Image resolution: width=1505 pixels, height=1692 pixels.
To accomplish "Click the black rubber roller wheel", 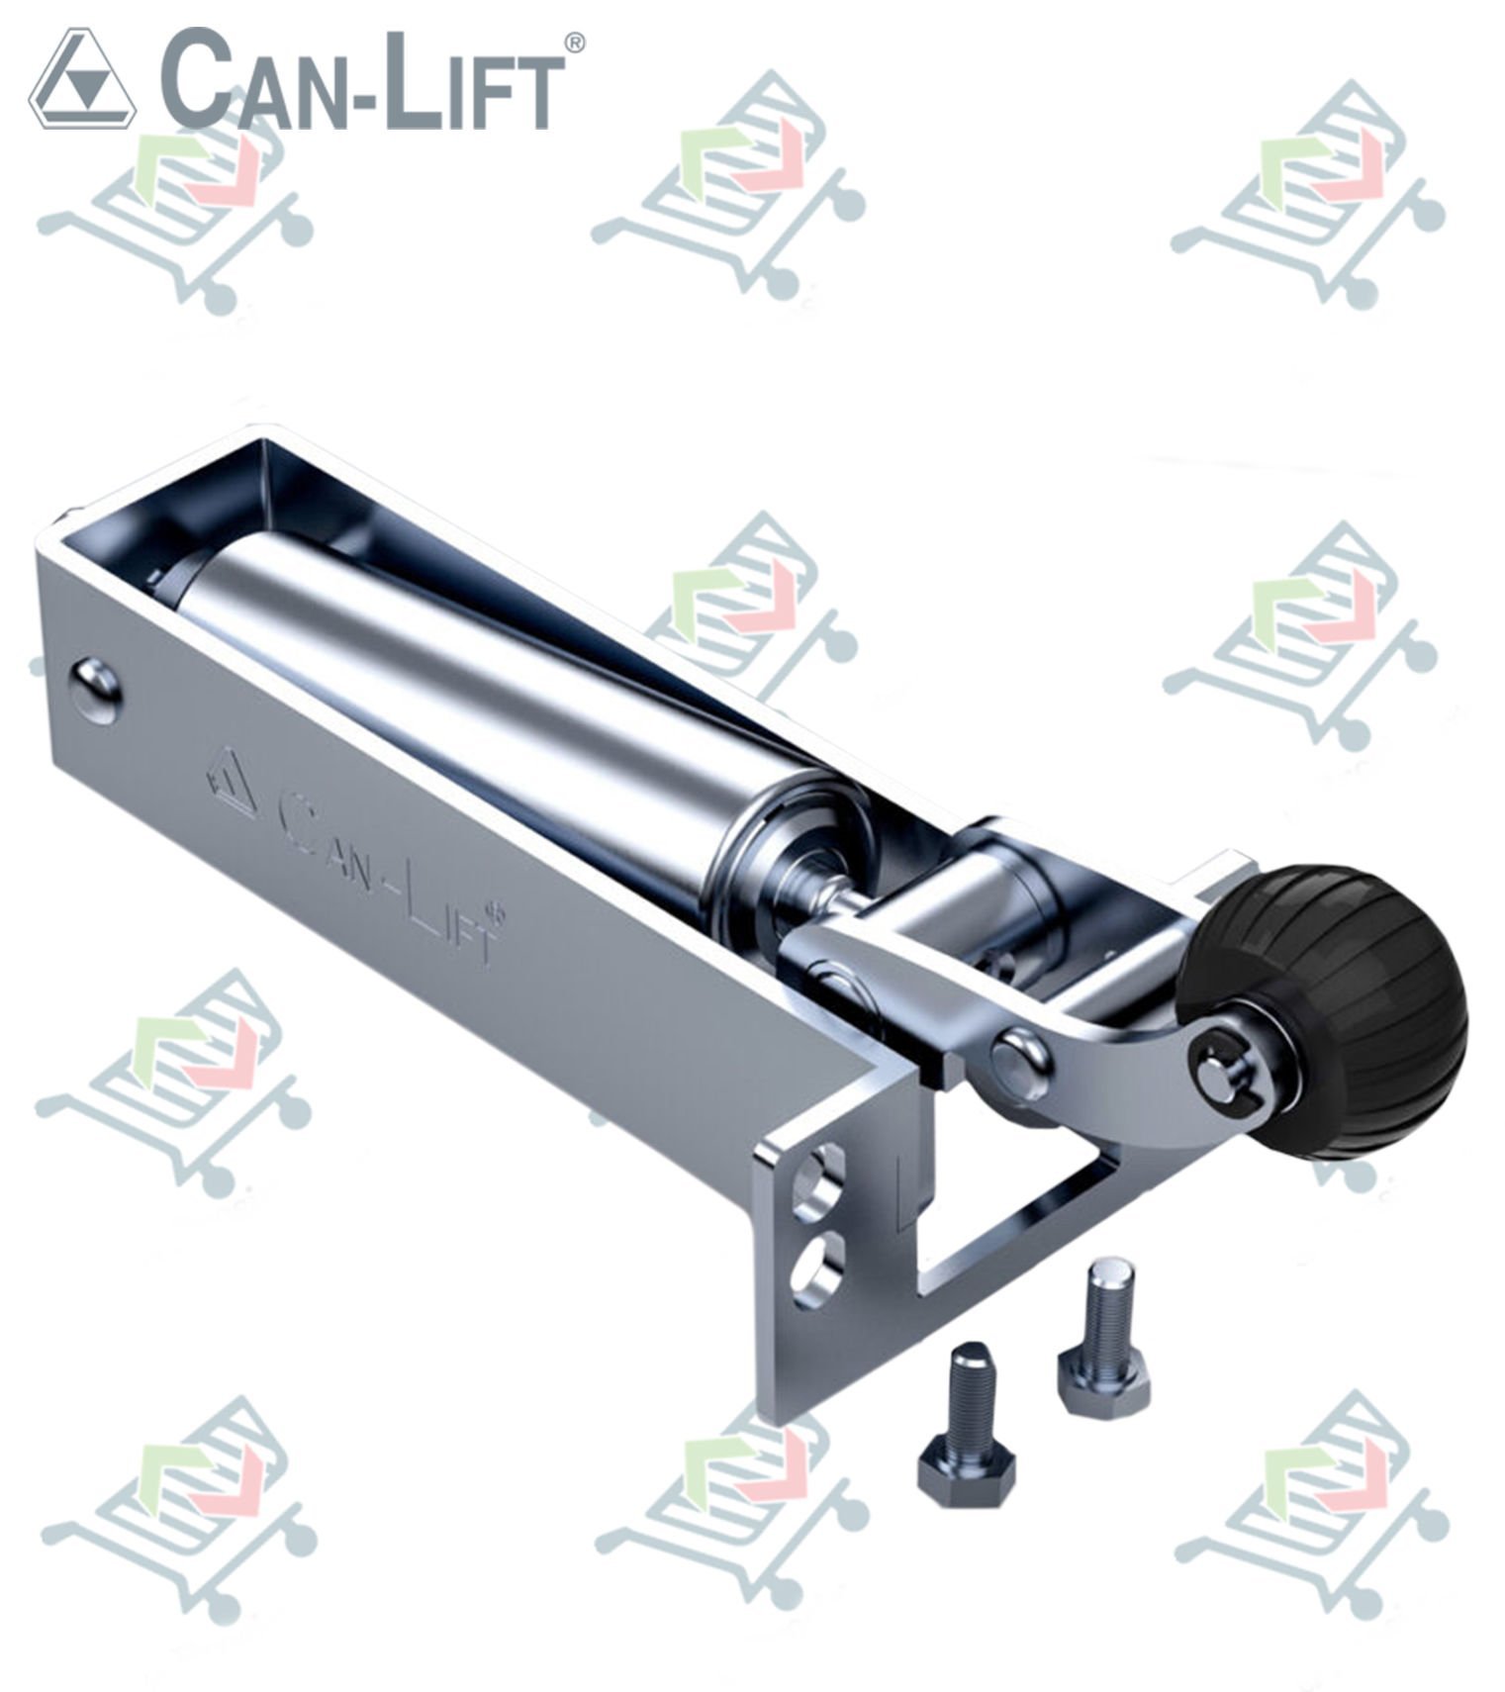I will point(1326,1009).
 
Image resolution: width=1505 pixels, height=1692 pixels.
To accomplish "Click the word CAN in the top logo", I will point(248,81).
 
